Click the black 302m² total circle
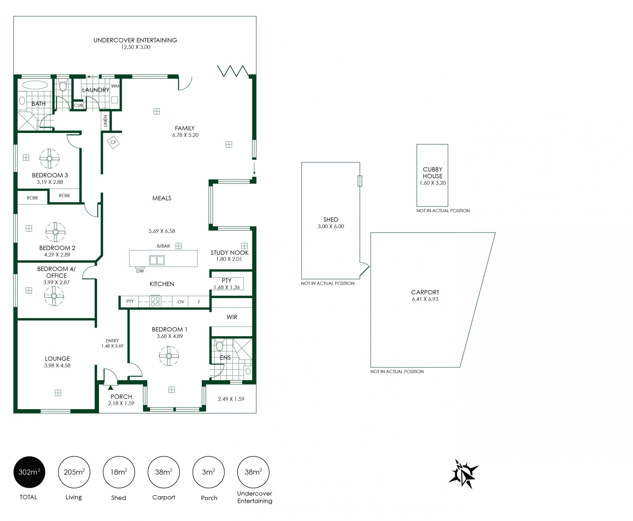[x=29, y=472]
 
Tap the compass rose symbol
[x=463, y=474]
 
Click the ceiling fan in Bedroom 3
[x=49, y=159]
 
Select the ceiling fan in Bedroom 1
[x=169, y=356]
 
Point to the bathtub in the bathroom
[x=35, y=85]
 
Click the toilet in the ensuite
[x=220, y=345]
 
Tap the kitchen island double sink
[x=157, y=260]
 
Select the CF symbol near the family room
[x=113, y=142]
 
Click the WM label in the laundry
[x=115, y=86]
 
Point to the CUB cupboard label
[x=78, y=105]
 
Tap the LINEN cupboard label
[x=105, y=121]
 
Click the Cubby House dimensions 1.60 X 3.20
[x=433, y=183]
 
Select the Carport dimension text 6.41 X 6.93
[x=425, y=299]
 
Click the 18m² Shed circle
[x=119, y=472]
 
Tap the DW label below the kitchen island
[x=140, y=271]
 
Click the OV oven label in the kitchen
[x=181, y=302]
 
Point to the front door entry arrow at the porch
[x=110, y=388]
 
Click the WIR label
[x=232, y=317]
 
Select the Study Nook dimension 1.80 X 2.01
[x=229, y=259]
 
